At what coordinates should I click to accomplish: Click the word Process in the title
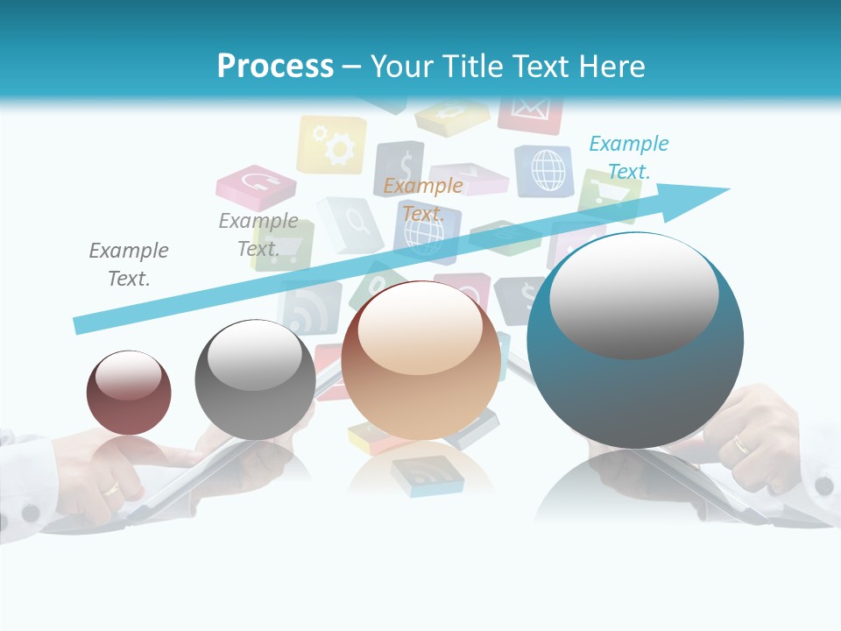click(275, 67)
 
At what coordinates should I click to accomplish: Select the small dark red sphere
click(129, 392)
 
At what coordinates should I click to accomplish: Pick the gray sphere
click(255, 379)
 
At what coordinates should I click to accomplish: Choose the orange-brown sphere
click(420, 360)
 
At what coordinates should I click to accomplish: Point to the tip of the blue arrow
click(727, 189)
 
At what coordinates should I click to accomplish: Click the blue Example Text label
click(628, 158)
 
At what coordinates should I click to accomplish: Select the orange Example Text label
click(423, 199)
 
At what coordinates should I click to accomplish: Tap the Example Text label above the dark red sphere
click(129, 265)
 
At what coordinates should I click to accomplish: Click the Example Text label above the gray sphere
click(258, 234)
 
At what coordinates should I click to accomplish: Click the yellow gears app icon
click(332, 145)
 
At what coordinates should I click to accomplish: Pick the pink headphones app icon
click(256, 184)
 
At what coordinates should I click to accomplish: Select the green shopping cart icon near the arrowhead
click(605, 195)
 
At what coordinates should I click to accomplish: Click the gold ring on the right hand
click(741, 444)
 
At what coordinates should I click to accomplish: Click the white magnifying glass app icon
click(350, 223)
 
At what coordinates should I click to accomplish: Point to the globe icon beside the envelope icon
click(545, 169)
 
